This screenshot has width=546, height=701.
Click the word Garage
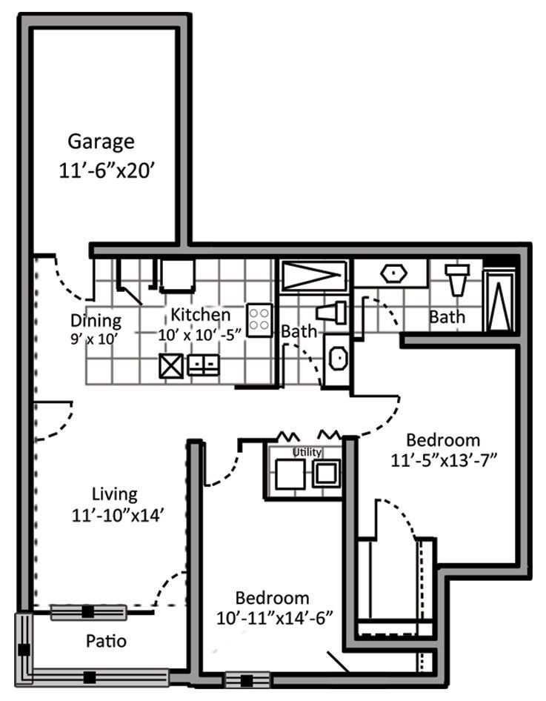[101, 142]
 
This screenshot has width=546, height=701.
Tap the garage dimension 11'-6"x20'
[107, 170]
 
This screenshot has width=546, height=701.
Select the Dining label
[96, 322]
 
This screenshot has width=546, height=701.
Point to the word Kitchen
[201, 315]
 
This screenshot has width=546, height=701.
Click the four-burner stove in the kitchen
[259, 320]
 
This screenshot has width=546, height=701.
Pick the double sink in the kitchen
[204, 365]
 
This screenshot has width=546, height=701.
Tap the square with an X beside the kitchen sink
[171, 366]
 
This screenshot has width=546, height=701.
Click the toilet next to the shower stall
[457, 279]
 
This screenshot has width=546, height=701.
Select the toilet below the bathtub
[332, 313]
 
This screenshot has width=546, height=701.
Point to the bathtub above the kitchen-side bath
[313, 276]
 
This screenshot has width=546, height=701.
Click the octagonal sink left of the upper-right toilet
[393, 273]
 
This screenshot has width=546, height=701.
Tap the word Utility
[307, 452]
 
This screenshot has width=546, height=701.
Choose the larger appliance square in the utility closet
[290, 474]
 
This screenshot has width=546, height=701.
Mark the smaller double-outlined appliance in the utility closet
[326, 473]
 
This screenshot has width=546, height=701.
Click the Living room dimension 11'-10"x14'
[116, 516]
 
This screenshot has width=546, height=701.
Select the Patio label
[106, 641]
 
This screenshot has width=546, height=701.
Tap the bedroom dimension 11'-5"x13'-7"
[444, 460]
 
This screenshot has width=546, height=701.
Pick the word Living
[115, 495]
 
